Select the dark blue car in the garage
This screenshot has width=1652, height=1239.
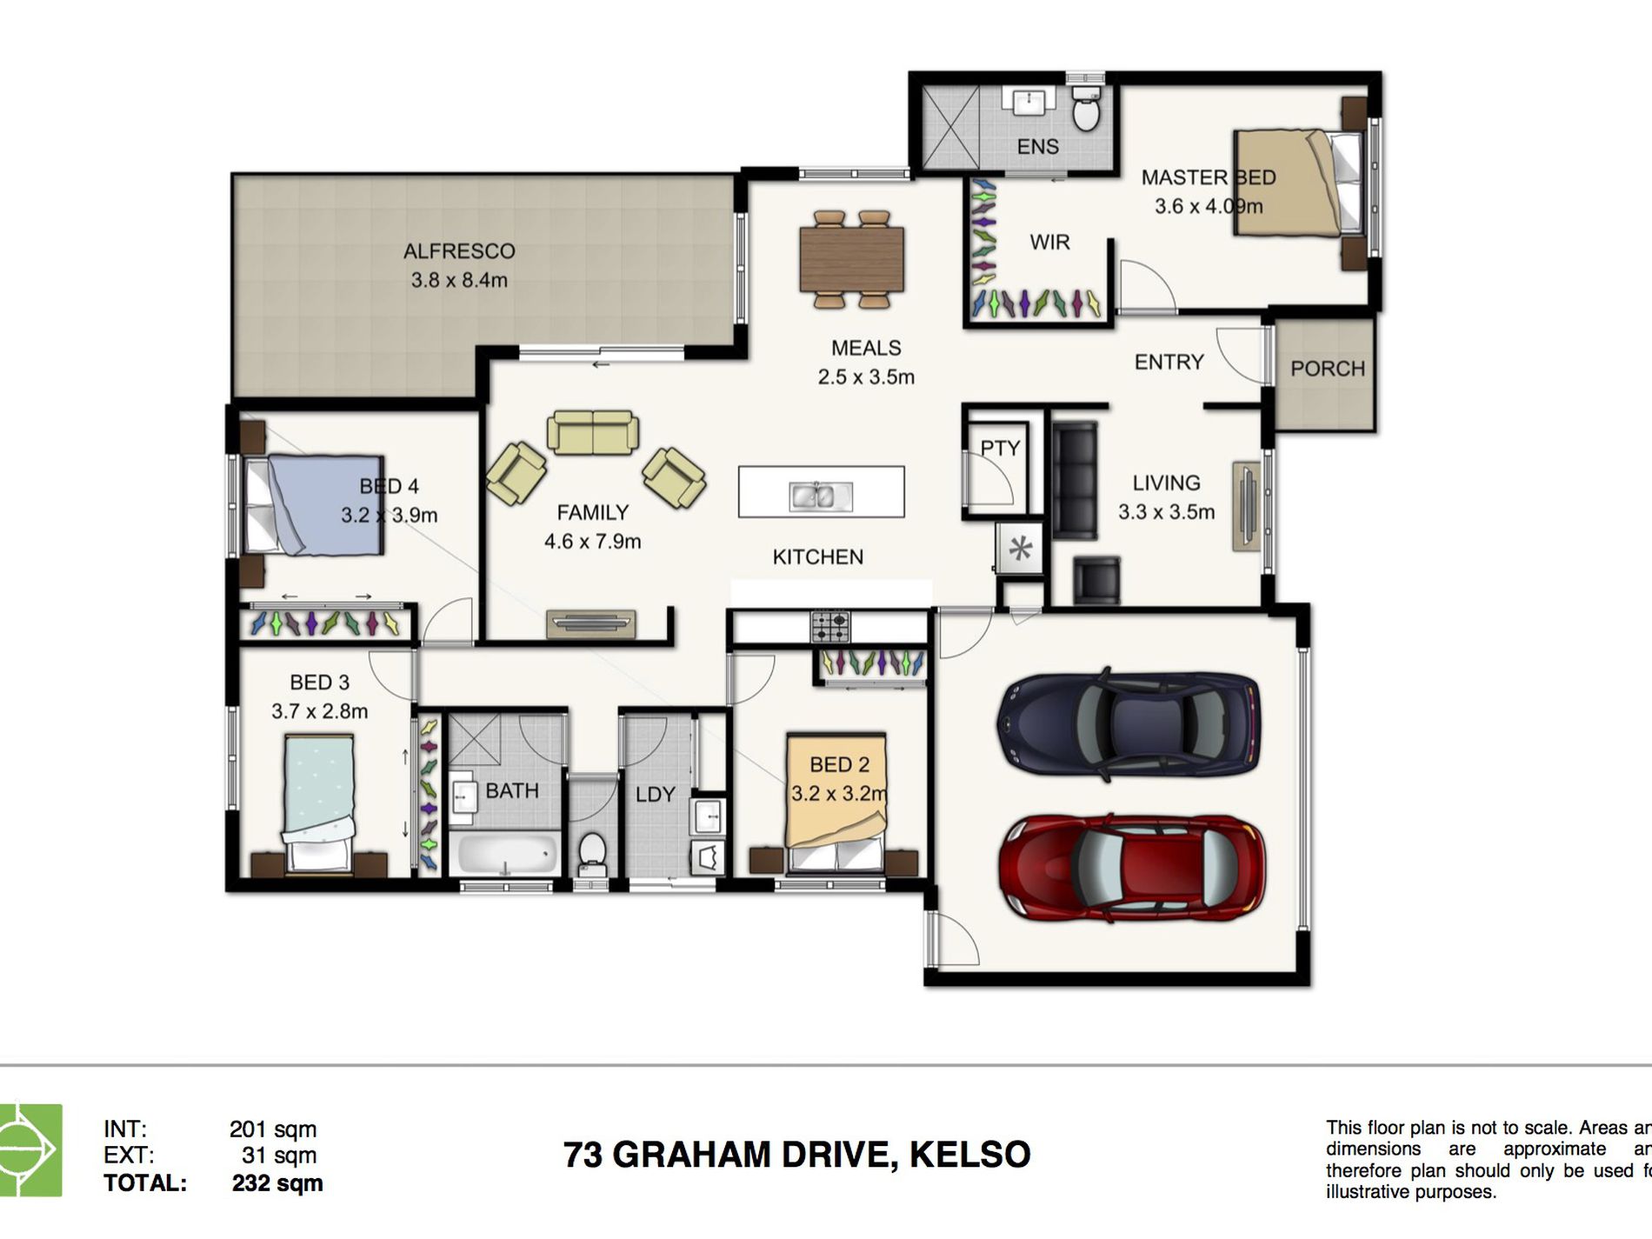pos(1129,723)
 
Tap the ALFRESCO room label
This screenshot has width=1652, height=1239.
pos(459,251)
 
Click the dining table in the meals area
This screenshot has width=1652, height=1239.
pos(852,259)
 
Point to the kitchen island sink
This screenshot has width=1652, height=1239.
pos(821,496)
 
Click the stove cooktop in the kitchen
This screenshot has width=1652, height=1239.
pos(830,625)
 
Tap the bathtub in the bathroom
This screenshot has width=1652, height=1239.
pos(504,855)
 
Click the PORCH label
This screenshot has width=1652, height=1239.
pos(1327,369)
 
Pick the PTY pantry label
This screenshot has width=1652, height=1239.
pos(1000,448)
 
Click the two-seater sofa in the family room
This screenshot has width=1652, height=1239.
pos(593,432)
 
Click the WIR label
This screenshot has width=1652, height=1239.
pos(1049,243)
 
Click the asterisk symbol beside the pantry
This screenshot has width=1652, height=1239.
pos(1020,549)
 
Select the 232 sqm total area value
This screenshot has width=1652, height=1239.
pos(277,1183)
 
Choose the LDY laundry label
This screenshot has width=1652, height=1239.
pos(655,794)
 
